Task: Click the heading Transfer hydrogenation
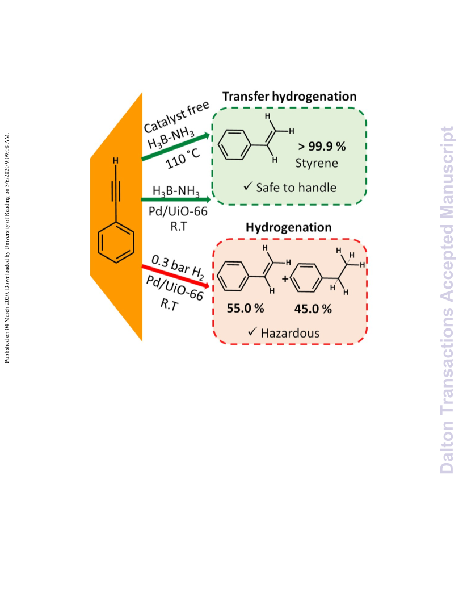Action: click(x=289, y=97)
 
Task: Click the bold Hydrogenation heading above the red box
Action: click(x=288, y=227)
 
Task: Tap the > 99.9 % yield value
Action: click(x=322, y=146)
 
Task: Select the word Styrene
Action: click(x=317, y=163)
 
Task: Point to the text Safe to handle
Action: click(x=296, y=188)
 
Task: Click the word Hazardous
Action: click(x=290, y=333)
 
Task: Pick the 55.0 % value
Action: click(x=245, y=309)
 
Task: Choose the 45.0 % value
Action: click(x=313, y=309)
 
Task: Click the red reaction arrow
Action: click(x=176, y=276)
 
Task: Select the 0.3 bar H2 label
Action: click(x=178, y=268)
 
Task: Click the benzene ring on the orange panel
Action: click(x=116, y=243)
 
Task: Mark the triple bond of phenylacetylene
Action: click(x=116, y=191)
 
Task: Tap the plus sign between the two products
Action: click(x=285, y=279)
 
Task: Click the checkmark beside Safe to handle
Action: click(x=248, y=186)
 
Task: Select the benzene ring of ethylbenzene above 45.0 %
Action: click(x=306, y=277)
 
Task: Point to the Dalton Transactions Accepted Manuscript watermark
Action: click(x=447, y=300)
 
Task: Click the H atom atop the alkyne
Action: click(x=115, y=161)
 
